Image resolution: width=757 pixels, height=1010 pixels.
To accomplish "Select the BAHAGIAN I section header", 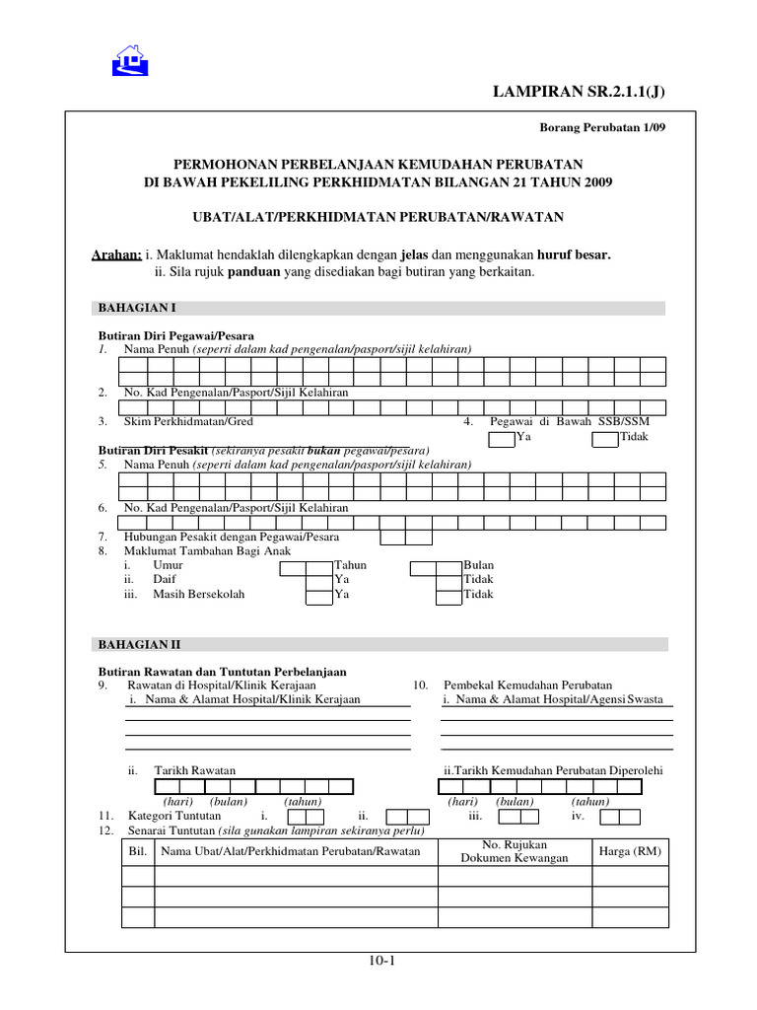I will [136, 308].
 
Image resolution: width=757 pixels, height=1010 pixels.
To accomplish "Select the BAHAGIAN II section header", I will [138, 644].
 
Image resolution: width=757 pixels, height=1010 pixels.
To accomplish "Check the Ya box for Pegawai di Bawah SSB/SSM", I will [502, 437].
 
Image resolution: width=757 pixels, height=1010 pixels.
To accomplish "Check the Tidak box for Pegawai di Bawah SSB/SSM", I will [604, 437].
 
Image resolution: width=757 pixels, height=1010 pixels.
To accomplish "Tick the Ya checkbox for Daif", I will [318, 580].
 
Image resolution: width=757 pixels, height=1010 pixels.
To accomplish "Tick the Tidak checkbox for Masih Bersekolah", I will [448, 595].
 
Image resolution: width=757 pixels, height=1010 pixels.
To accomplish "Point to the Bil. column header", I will [138, 851].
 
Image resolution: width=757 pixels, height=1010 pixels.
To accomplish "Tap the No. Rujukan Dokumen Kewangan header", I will [515, 851].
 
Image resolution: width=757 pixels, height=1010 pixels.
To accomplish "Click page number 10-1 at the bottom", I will [378, 963].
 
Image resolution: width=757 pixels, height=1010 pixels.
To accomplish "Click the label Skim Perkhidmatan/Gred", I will [188, 421].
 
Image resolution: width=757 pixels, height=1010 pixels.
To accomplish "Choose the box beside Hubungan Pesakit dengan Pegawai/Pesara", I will [406, 538].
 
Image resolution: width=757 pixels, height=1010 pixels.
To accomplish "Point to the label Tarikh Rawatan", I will [194, 770].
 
